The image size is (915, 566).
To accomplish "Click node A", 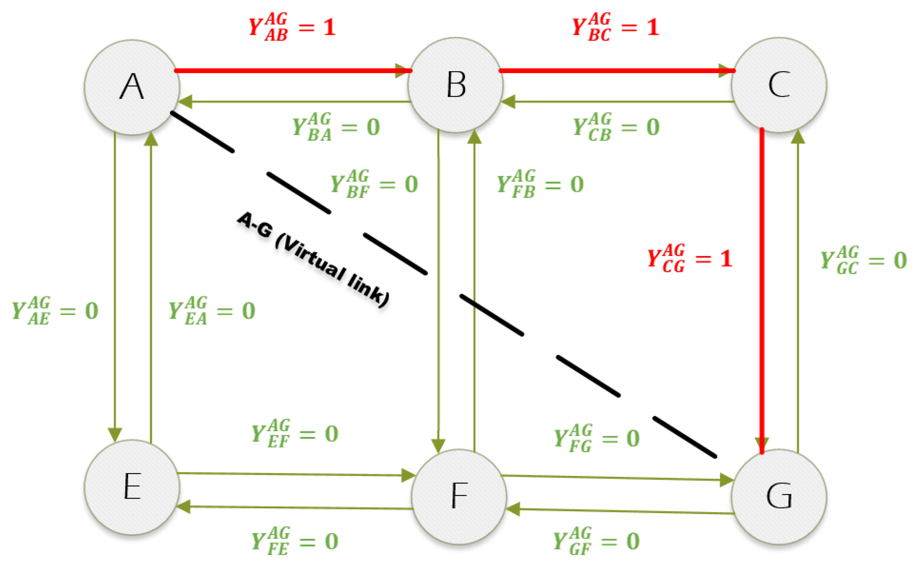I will pyautogui.click(x=132, y=87).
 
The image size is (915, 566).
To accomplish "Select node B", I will pyautogui.click(x=455, y=85).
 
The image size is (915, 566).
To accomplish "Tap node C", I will pyautogui.click(x=779, y=85).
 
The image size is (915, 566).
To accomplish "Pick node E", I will pyautogui.click(x=132, y=487).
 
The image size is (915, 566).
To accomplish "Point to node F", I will pyautogui.click(x=459, y=496).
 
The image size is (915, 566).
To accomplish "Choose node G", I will pyautogui.click(x=779, y=496).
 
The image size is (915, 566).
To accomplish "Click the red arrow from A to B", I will pyautogui.click(x=292, y=71).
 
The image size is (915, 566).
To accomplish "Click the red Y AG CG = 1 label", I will pyautogui.click(x=689, y=258).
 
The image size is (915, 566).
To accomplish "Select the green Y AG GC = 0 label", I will pyautogui.click(x=863, y=260).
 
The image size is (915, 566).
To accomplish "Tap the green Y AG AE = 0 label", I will pyautogui.click(x=55, y=311).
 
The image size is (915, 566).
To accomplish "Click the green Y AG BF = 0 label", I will pyautogui.click(x=374, y=184).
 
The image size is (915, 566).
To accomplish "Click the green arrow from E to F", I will pyautogui.click(x=295, y=474).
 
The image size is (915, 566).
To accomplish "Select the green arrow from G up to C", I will pyautogui.click(x=798, y=292).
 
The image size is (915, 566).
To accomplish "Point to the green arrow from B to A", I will pyautogui.click(x=295, y=101).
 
